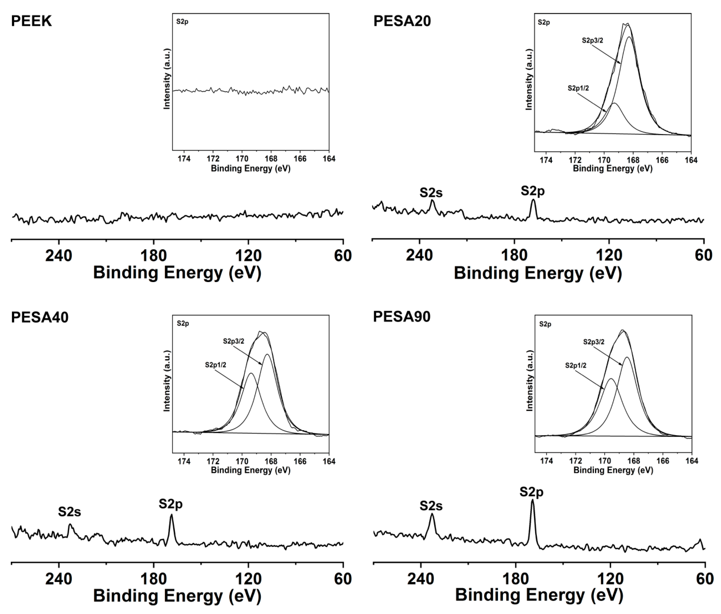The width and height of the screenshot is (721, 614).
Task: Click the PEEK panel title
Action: (x=31, y=21)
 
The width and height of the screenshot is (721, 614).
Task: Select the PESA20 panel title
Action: (x=402, y=21)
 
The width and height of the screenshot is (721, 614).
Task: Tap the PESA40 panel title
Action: (x=40, y=317)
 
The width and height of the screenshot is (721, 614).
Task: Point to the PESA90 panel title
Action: (x=401, y=317)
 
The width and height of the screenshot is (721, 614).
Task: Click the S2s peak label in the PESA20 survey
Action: (x=431, y=193)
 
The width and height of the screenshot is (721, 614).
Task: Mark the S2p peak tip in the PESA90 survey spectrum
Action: (x=532, y=500)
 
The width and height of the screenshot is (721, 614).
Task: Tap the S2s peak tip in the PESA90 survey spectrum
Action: (x=432, y=514)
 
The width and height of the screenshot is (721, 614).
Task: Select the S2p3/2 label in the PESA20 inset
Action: (x=592, y=41)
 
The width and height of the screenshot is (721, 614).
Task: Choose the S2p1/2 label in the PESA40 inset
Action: (x=215, y=365)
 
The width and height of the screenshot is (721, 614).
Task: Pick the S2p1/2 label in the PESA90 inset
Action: (x=576, y=366)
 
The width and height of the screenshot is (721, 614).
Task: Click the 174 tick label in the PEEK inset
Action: (x=184, y=159)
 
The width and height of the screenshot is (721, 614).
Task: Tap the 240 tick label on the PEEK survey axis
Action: (x=59, y=256)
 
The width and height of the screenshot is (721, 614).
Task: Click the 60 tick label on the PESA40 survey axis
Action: (x=343, y=579)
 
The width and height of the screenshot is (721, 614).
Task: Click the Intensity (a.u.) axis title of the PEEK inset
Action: (x=167, y=79)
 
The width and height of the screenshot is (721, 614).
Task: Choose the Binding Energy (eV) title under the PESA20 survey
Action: (x=538, y=273)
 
